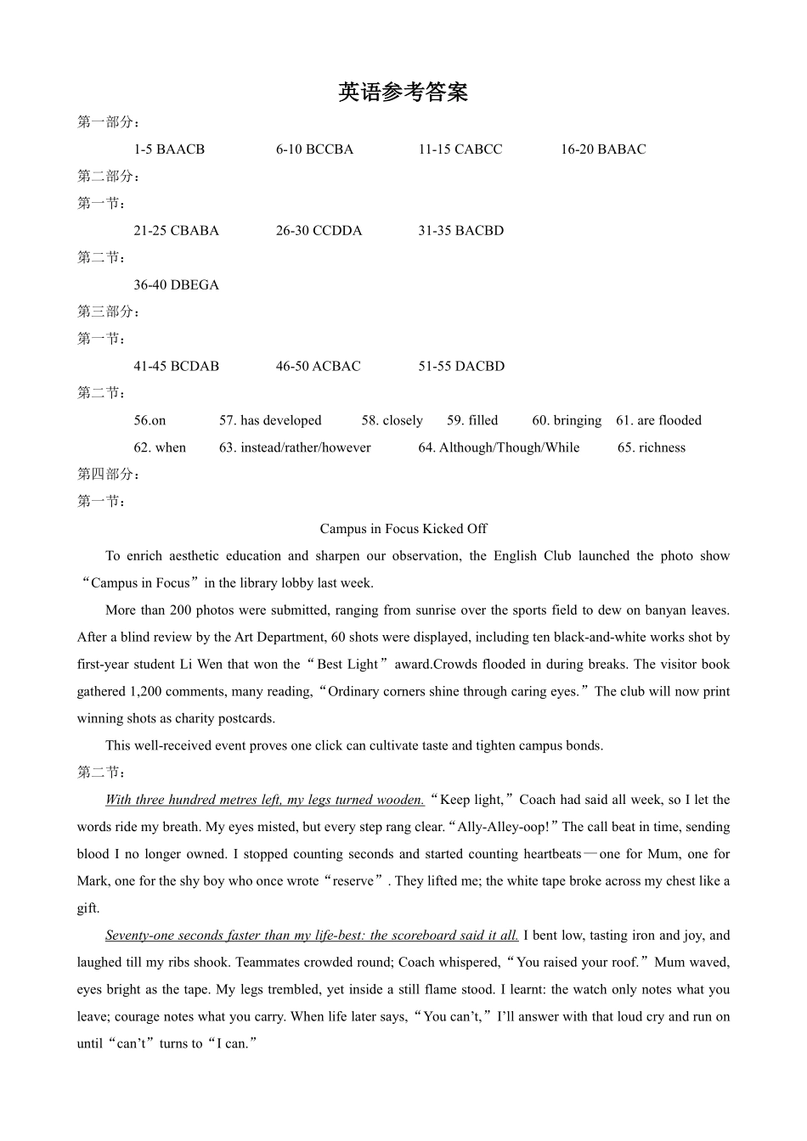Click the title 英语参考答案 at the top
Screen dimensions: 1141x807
(403, 93)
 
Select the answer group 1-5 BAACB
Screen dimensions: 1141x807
(169, 149)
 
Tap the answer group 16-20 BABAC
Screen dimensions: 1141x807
(602, 149)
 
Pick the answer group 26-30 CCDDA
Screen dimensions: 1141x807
(319, 231)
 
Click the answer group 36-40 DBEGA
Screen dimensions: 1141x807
(176, 285)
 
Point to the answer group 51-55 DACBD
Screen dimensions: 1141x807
(460, 367)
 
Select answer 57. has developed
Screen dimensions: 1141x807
(270, 420)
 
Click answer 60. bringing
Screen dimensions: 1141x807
(567, 420)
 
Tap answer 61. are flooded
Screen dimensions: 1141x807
(658, 420)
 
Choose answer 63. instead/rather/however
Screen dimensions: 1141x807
(295, 447)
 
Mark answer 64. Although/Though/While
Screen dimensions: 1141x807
(499, 447)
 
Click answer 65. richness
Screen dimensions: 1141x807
(651, 447)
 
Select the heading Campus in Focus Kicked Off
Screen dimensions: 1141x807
(403, 529)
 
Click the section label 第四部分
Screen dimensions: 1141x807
(108, 475)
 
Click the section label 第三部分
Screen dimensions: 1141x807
(108, 312)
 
